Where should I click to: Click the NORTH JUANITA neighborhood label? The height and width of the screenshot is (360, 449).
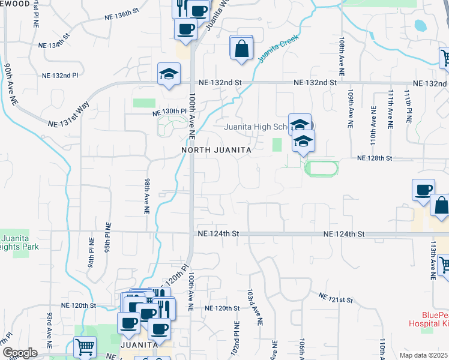[215, 149]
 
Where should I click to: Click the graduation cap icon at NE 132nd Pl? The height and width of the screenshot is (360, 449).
[169, 75]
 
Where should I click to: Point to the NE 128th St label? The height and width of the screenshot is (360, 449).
[374, 158]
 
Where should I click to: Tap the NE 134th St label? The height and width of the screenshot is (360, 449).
[54, 45]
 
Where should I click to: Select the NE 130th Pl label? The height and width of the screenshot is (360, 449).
[170, 112]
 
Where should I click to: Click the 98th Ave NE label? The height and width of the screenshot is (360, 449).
[146, 196]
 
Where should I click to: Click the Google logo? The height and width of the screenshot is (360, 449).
[19, 353]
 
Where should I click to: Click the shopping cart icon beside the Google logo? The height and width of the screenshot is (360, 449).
[85, 347]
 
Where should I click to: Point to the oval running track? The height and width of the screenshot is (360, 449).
[321, 167]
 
